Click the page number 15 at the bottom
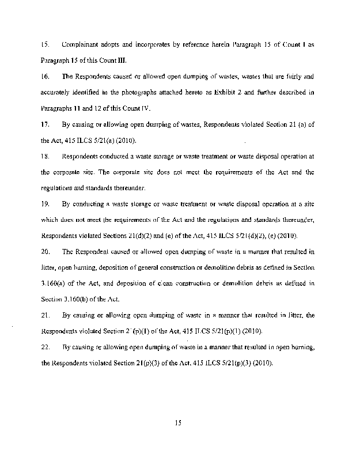(179, 424)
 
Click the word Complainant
(82, 44)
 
